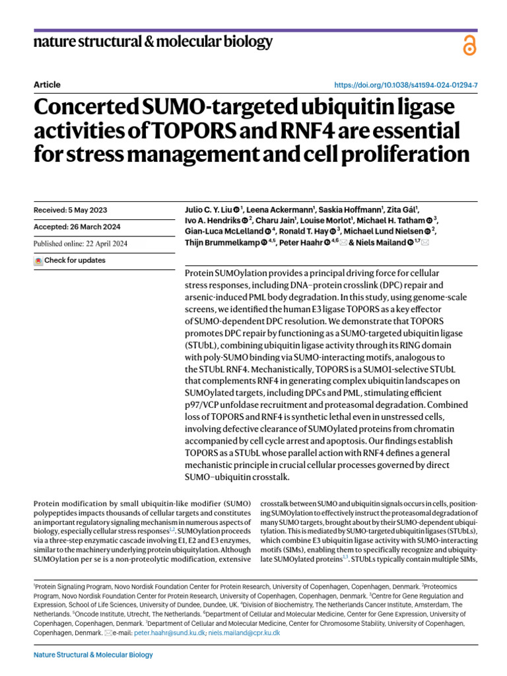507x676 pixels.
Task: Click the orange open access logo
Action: [469, 45]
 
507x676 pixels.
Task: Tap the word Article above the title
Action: [46, 84]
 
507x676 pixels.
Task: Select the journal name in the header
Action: [152, 43]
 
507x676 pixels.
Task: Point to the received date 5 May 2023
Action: [70, 211]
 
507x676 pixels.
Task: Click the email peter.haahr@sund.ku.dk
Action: [170, 632]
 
